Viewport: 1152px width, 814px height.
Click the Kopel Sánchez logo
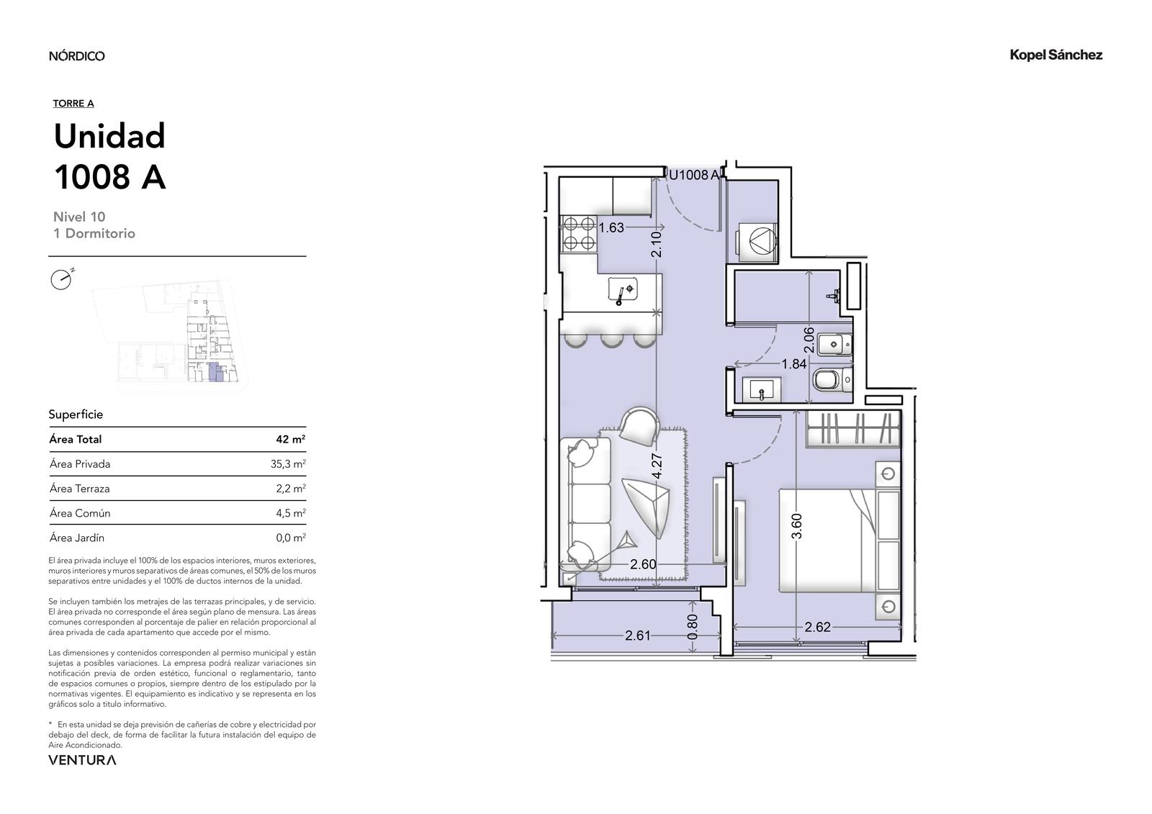tap(1056, 55)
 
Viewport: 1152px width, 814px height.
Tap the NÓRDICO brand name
tap(76, 55)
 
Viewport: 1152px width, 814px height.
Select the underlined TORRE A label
tap(73, 104)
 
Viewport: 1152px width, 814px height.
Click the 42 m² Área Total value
tap(291, 439)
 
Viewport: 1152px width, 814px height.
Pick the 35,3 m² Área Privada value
tap(288, 463)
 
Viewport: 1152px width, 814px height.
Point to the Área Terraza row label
tap(80, 489)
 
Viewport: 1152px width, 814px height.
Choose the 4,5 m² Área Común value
tap(291, 513)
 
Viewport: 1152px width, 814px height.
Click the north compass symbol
tap(62, 279)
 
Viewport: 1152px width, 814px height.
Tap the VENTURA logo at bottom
tap(82, 760)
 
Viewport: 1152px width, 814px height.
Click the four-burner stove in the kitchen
tap(579, 233)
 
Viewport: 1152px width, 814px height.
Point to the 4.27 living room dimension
tap(657, 466)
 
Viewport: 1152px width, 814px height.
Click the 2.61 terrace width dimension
tap(638, 636)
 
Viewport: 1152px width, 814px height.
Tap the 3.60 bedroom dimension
tap(796, 526)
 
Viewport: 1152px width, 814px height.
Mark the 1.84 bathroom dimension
tap(794, 364)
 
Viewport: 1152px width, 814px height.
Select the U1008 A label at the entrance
tap(693, 175)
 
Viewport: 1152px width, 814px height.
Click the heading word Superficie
tap(76, 415)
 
